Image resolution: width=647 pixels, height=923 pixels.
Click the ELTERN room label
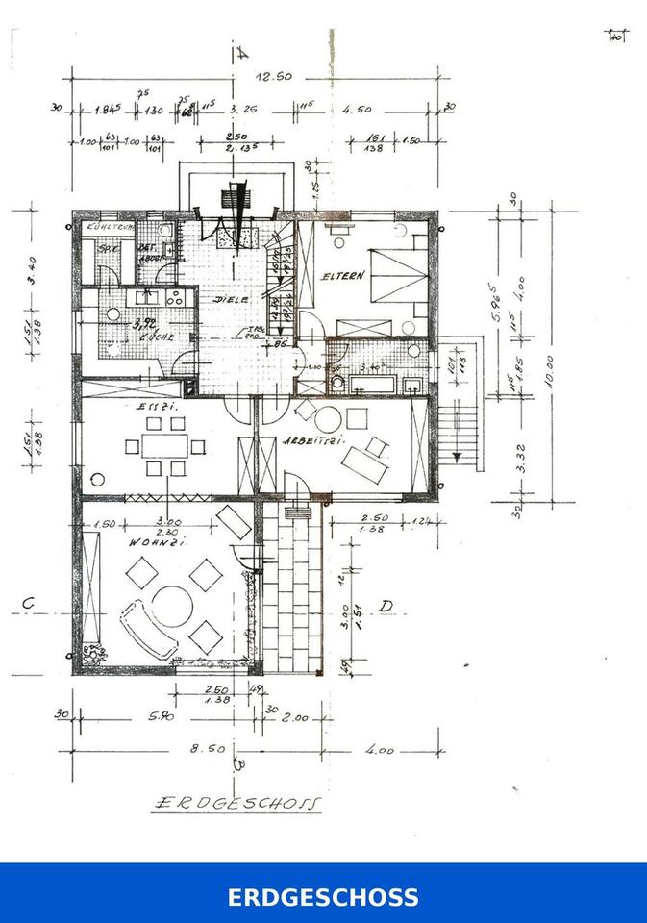point(345,277)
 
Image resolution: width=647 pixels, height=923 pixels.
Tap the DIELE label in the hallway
point(231,299)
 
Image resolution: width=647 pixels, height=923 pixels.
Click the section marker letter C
point(29,604)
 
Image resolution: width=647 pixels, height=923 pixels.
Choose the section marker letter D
point(386,606)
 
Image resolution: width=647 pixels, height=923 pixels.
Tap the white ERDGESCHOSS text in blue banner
point(323,898)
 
